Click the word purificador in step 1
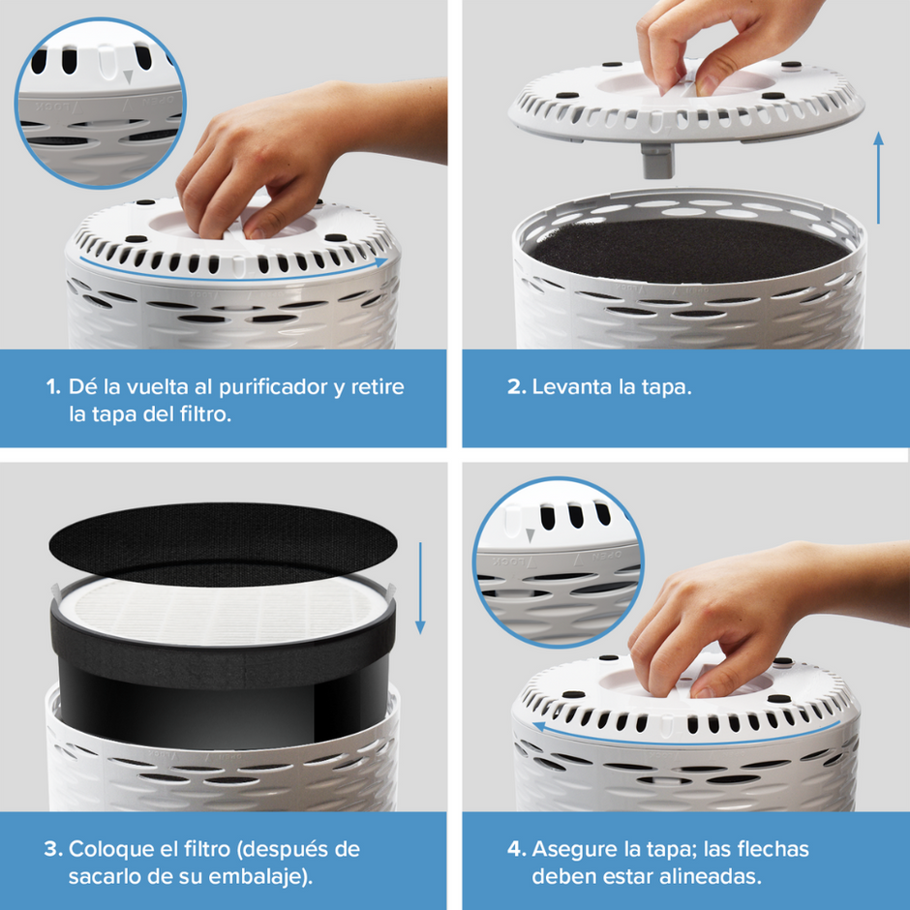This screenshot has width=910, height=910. coord(262,387)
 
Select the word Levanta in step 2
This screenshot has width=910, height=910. coord(570,387)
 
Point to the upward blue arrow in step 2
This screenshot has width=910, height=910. coord(878,178)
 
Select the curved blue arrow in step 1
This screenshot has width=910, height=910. coord(232,274)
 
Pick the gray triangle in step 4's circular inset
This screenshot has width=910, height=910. coord(530,535)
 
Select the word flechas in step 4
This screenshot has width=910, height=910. coord(774,850)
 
